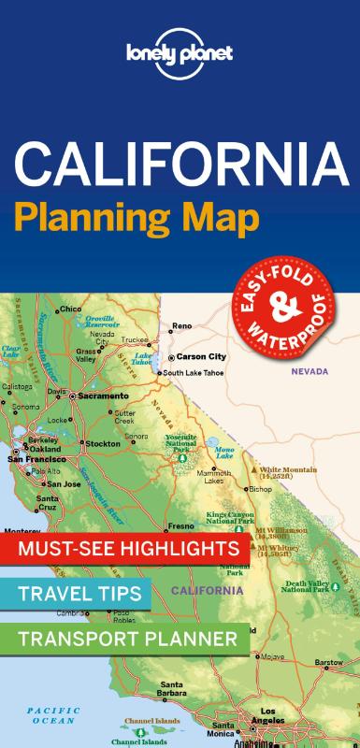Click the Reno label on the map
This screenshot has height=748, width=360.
[180, 326]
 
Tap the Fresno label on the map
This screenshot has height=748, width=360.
[180, 525]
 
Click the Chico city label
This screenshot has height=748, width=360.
[70, 309]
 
